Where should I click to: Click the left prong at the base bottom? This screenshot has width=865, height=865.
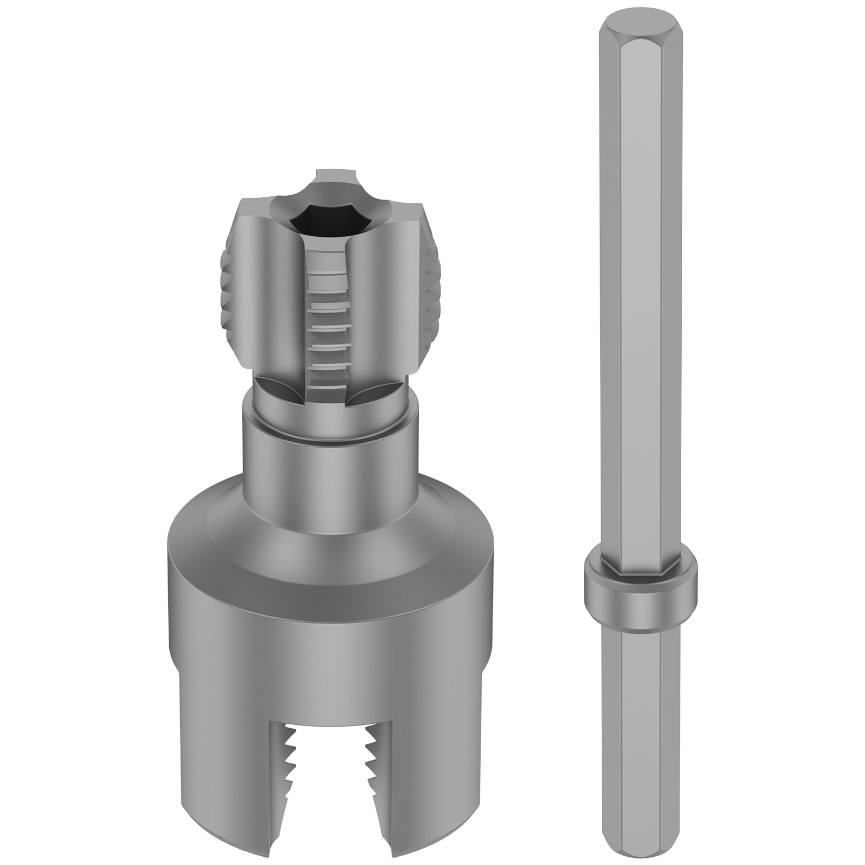(x=227, y=784)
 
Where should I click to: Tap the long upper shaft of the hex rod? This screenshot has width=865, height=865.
(x=640, y=270)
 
